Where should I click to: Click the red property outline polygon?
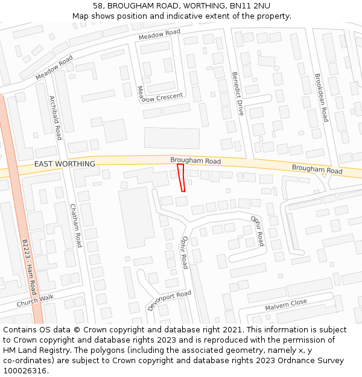point(181,178)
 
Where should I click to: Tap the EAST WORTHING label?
point(65,164)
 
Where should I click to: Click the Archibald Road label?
point(56,118)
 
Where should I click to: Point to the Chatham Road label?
point(76,225)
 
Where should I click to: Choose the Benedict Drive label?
point(238,94)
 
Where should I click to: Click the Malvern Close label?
point(286,305)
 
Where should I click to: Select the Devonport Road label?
point(170,300)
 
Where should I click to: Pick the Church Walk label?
point(35,300)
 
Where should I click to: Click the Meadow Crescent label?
point(159,97)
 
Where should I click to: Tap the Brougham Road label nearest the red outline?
point(195,161)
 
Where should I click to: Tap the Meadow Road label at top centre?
point(159,36)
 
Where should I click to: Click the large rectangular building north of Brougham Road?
point(172,138)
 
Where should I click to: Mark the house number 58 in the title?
point(98,6)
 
